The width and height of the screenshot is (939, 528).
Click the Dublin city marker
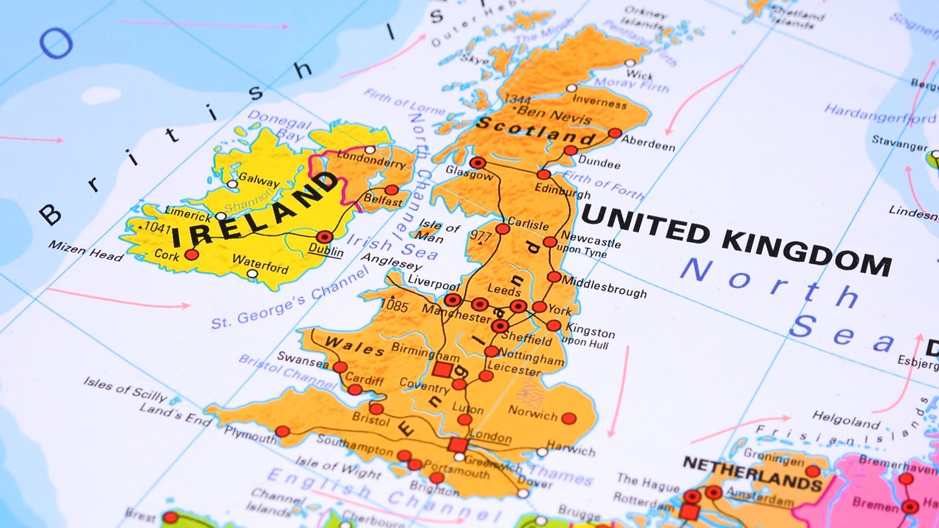tap(325, 237)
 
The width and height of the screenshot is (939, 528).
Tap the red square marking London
tap(458, 444)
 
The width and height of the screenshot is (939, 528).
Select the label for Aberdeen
tap(648, 146)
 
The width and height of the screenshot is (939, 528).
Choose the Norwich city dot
tap(569, 418)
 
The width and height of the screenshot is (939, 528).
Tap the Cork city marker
tap(191, 254)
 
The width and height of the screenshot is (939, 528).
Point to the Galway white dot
tap(233, 184)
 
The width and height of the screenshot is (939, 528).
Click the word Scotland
tap(535, 131)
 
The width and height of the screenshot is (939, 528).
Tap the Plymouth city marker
tap(282, 431)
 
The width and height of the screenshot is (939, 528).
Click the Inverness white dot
tap(571, 88)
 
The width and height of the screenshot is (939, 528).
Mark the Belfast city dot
tap(392, 190)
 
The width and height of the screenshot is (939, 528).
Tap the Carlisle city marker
tap(503, 229)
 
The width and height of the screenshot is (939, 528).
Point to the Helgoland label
tap(846, 419)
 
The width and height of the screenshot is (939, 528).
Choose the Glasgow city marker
tap(478, 163)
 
